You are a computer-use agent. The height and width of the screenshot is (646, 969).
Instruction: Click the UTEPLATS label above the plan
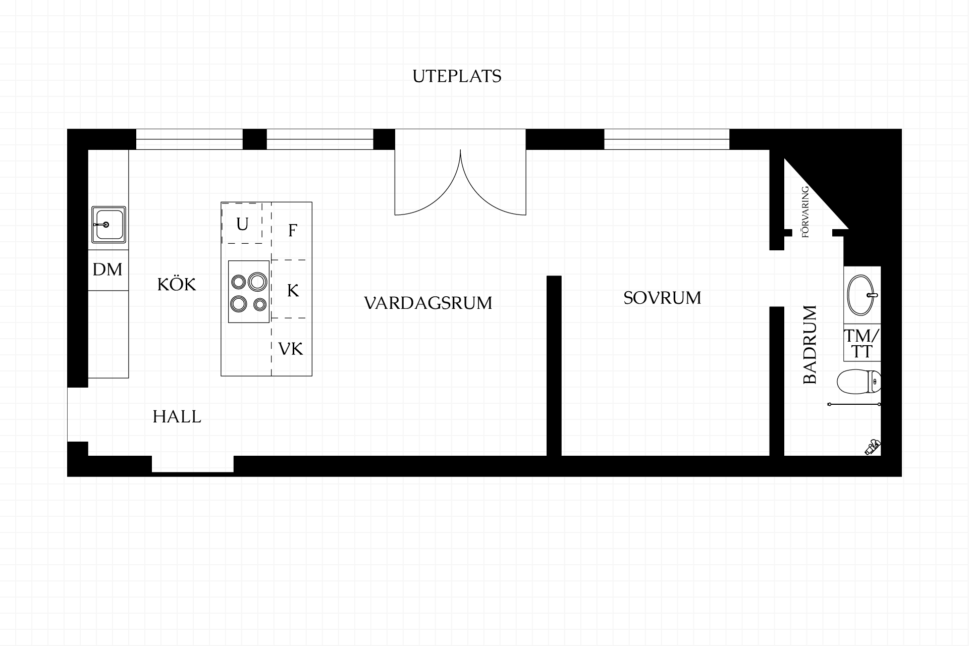click(457, 76)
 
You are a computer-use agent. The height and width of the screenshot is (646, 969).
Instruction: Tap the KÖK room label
click(177, 284)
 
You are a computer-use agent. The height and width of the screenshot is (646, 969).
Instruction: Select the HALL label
click(177, 417)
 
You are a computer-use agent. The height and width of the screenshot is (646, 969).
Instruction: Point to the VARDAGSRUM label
click(428, 303)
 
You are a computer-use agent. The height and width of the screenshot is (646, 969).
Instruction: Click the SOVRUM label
click(662, 298)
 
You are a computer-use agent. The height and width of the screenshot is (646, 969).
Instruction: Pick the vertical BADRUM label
click(810, 345)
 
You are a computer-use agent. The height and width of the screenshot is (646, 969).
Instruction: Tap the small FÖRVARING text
click(805, 212)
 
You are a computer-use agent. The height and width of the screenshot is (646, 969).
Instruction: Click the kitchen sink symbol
click(109, 225)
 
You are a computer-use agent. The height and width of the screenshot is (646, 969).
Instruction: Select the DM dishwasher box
click(109, 270)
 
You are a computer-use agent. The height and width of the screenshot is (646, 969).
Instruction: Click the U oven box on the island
click(242, 224)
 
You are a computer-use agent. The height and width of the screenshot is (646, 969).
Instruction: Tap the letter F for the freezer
click(292, 231)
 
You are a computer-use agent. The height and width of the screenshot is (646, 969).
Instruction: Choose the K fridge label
click(293, 290)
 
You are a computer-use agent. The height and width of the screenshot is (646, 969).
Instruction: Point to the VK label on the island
click(291, 349)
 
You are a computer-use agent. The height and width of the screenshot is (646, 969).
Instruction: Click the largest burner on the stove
click(257, 282)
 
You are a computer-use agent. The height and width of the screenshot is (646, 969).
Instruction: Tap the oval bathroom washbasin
click(862, 295)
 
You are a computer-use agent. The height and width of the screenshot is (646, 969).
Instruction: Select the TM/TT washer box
click(862, 343)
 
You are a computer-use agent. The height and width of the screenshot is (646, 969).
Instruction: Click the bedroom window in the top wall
click(667, 139)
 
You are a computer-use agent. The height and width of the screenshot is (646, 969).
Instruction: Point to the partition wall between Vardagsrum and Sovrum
click(554, 366)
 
